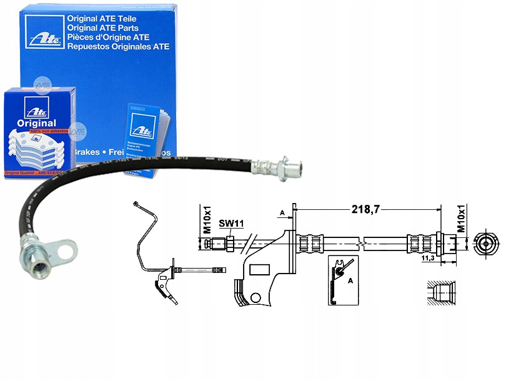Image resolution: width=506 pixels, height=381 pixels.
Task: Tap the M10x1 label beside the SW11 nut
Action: coord(207,222)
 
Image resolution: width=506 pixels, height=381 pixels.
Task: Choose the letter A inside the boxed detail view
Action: coord(350,281)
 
